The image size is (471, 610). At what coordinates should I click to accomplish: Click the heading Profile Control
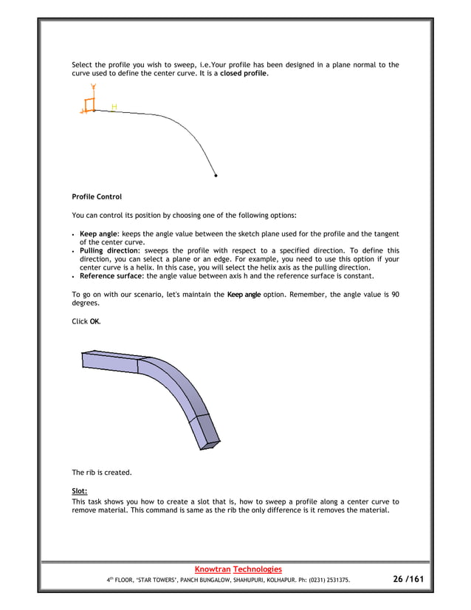coord(97,197)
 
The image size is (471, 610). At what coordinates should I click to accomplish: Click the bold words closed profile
coord(244,75)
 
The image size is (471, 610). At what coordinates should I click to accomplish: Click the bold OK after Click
coord(95,322)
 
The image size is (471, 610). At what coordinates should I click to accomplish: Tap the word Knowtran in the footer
coord(211,569)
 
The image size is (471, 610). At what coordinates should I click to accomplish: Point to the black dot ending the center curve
coord(216,176)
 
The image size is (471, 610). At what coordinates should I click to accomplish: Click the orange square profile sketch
coord(90,105)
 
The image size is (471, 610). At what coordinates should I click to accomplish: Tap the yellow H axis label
coord(114,107)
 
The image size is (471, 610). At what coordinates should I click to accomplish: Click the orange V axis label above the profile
coord(94,86)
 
